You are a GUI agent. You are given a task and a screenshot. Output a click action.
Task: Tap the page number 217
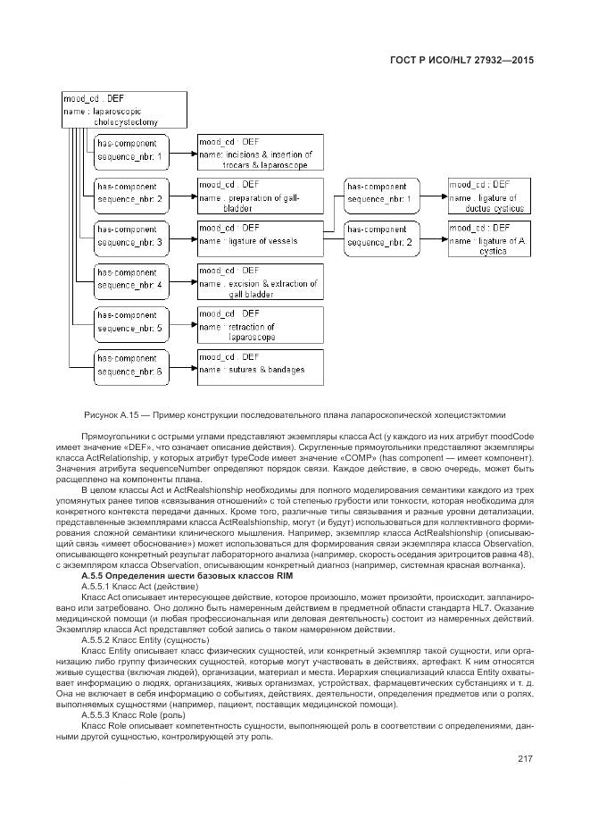[x=524, y=759]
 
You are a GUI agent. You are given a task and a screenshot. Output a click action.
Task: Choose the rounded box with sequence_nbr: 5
[x=130, y=322]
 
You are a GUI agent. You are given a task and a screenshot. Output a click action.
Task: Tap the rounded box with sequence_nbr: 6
[x=130, y=365]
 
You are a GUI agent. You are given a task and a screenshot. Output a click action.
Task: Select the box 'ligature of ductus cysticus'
[x=492, y=194]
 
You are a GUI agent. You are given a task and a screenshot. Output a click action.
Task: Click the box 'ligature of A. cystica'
[x=492, y=239]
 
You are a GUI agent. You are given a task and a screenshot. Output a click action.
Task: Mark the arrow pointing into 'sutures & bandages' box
[x=191, y=366]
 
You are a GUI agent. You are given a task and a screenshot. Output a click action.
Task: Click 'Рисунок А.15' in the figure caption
[x=112, y=413]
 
